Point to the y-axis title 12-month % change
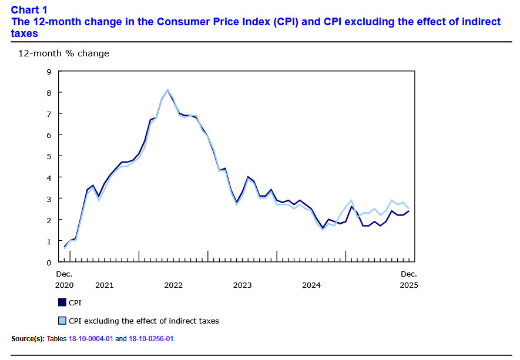tap(63, 53)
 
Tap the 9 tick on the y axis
tap(49, 72)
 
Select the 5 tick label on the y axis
tap(49, 156)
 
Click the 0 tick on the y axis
tap(49, 263)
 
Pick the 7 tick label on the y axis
tap(49, 114)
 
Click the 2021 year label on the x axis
tap(104, 285)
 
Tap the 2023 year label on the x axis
tap(242, 285)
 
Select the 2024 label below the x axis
tap(311, 285)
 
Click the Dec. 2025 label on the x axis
tap(408, 280)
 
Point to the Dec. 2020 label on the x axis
tap(64, 280)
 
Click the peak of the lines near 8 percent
tap(167, 90)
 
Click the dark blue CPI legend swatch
tap(62, 302)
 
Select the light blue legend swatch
tap(62, 321)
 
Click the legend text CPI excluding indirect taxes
tap(143, 321)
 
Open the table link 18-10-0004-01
tap(90, 339)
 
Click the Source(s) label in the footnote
tap(27, 339)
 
